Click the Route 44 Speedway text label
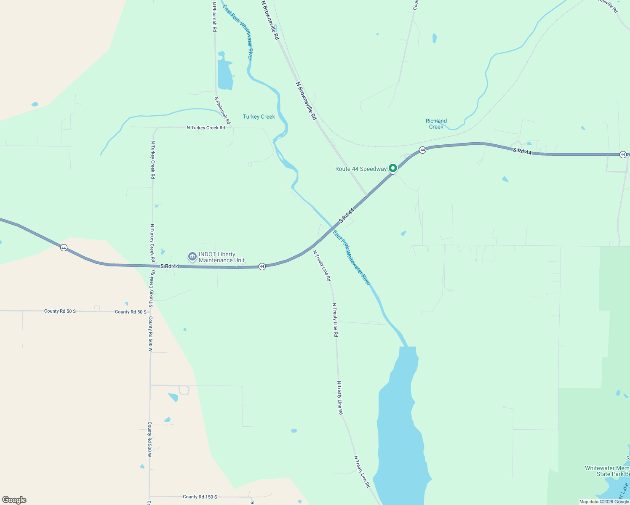coord(360,169)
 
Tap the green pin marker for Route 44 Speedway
coord(393,168)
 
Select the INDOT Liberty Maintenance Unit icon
coord(192,256)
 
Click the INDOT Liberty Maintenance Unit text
coord(222,257)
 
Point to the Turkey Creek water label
coord(259,117)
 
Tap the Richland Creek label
coord(436,124)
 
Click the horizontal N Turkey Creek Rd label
coord(206,128)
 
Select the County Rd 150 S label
coord(200,497)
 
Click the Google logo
coord(14,500)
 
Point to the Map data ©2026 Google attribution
coord(604,502)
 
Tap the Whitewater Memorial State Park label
coord(607,471)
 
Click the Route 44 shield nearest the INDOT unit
coord(262,266)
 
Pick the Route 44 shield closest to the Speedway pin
coord(422,150)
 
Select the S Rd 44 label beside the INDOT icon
coord(170,266)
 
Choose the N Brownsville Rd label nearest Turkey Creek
coord(307,101)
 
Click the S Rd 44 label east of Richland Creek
coord(522,151)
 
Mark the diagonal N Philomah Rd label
coord(223,110)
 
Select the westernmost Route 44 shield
coord(64,247)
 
